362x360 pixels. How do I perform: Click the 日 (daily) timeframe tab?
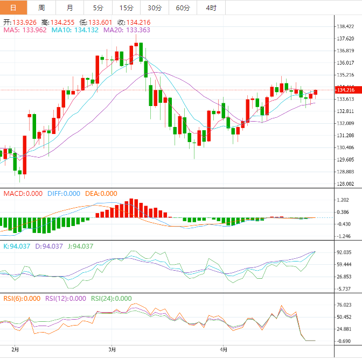click(x=13, y=8)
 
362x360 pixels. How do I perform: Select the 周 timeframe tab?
click(x=42, y=8)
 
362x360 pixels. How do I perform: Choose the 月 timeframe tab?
click(x=70, y=8)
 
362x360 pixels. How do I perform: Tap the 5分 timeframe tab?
click(x=98, y=8)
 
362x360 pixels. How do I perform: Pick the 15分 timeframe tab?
click(x=126, y=8)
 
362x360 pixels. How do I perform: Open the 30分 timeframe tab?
click(x=155, y=8)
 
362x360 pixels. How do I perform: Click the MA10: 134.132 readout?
click(x=75, y=31)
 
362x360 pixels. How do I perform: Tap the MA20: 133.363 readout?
click(x=127, y=31)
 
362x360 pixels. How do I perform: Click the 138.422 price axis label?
click(x=345, y=26)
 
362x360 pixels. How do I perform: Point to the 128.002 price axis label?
click(x=345, y=184)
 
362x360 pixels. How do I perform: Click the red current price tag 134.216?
click(x=345, y=89)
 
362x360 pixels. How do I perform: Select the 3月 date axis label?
click(x=112, y=349)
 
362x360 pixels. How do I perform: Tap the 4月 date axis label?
click(x=224, y=349)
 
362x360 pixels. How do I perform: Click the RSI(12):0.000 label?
click(x=65, y=299)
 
